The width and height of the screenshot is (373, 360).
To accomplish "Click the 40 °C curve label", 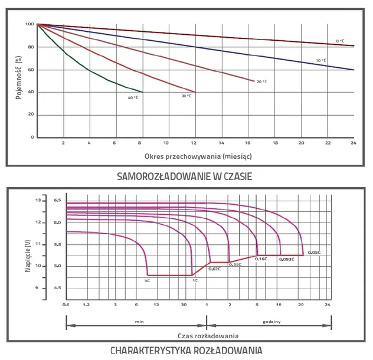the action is [133, 97].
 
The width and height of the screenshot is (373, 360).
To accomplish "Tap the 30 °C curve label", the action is [186, 96].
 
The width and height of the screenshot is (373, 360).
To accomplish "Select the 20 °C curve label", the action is [261, 81].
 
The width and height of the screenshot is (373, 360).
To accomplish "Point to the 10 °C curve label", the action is [320, 60].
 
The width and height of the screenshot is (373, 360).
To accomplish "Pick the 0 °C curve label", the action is [340, 41].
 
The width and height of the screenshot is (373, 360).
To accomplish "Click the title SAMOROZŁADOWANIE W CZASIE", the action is [184, 176].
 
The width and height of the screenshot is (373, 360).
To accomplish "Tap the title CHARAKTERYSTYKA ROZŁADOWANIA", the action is [186, 351].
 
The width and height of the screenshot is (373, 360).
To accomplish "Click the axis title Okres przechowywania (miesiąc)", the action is [198, 156].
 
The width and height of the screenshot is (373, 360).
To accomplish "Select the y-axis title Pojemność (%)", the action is [18, 77].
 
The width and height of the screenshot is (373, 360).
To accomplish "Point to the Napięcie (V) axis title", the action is [28, 256].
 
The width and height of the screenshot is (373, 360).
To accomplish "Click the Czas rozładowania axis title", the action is [208, 336].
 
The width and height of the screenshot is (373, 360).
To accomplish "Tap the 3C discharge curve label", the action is [147, 281].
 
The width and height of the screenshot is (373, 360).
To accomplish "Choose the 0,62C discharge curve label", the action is [215, 269].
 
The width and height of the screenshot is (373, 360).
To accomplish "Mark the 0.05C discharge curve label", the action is [314, 252].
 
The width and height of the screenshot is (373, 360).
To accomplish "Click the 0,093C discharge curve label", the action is [287, 259].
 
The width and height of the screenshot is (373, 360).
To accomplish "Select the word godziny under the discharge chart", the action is [271, 322].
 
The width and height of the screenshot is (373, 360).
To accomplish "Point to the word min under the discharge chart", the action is [139, 322].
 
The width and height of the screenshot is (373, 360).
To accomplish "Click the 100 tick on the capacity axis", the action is [30, 24].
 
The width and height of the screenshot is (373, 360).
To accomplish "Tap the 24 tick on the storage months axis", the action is [354, 143].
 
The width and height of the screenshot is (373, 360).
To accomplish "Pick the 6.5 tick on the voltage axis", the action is [57, 200].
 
